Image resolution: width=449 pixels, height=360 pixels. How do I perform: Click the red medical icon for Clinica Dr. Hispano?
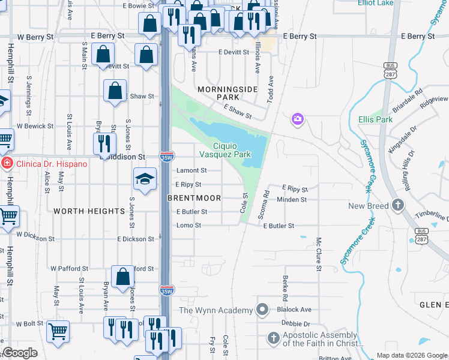tap(6, 164)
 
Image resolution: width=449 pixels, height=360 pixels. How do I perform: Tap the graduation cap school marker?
tap(145, 179)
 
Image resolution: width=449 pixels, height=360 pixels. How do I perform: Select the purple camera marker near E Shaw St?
tap(297, 120)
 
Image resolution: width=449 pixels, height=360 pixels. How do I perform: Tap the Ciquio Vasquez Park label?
tap(233, 150)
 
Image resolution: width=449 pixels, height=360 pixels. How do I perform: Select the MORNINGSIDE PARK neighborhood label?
tap(228, 93)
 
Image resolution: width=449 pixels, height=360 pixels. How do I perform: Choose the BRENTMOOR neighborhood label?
tap(194, 198)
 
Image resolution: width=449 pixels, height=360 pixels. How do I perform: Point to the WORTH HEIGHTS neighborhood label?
tap(89, 211)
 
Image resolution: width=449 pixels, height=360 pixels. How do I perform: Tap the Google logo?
tap(20, 353)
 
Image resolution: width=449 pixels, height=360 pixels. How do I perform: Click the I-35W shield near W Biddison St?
tap(166, 157)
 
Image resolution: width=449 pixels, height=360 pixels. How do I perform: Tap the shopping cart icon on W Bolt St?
tap(58, 331)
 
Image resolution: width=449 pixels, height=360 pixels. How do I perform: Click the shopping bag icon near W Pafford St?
tap(122, 277)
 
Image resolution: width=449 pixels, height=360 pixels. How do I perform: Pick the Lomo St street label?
tap(188, 226)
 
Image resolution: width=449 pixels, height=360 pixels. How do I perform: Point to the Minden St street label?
tap(292, 199)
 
